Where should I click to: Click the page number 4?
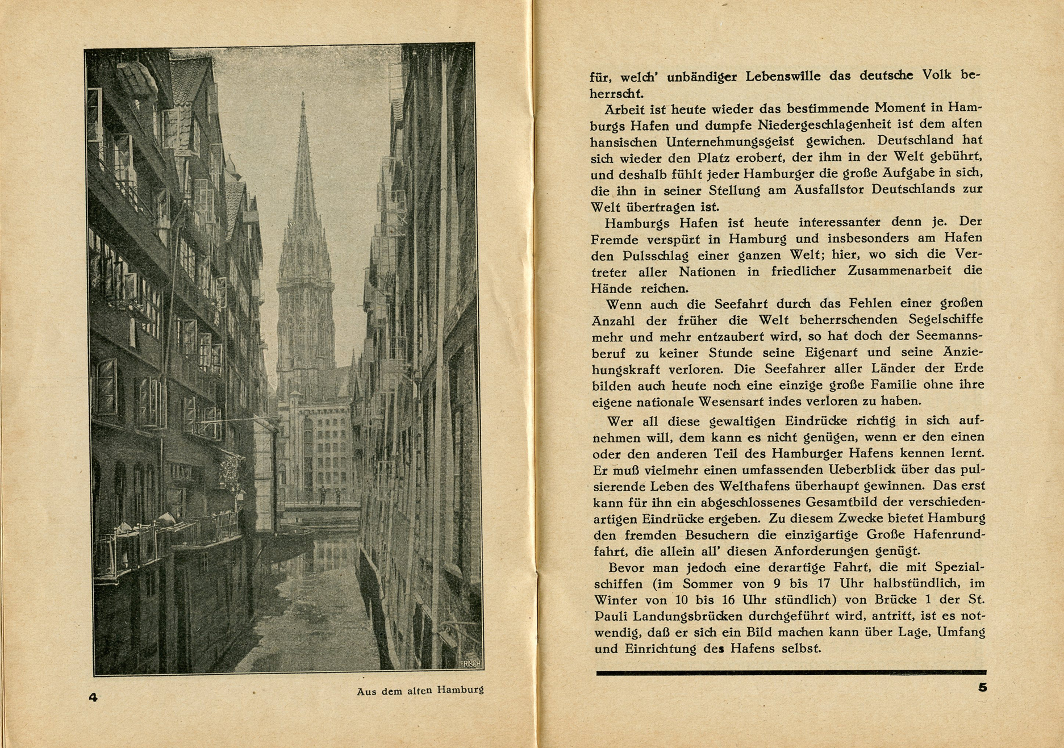click(93, 697)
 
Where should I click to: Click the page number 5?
click(982, 687)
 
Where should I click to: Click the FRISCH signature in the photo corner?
click(470, 663)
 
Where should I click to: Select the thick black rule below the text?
click(791, 673)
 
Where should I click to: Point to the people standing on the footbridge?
click(329, 495)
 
